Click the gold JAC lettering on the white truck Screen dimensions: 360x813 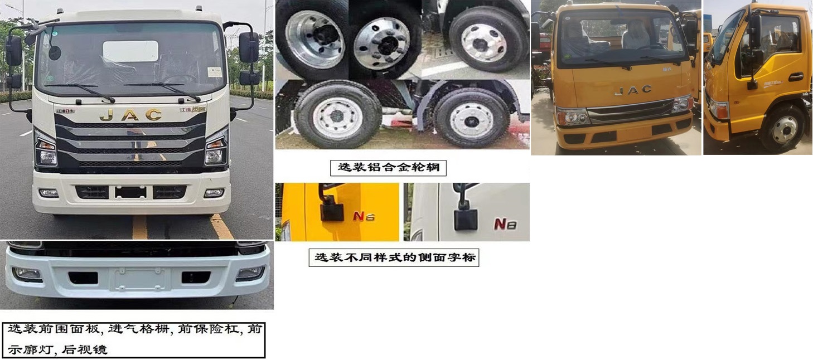[x=130, y=115]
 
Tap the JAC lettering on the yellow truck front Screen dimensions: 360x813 [x=632, y=90]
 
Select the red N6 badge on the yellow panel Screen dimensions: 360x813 [x=362, y=216]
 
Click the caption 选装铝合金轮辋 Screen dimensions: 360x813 [x=388, y=167]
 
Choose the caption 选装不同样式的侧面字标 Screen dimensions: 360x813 [x=394, y=258]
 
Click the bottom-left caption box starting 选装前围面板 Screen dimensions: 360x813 [x=134, y=339]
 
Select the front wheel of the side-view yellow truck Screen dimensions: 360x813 [x=785, y=129]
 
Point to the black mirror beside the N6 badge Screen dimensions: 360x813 [x=331, y=211]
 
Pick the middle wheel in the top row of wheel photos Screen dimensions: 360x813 [x=382, y=43]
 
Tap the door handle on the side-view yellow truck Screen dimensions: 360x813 [x=796, y=77]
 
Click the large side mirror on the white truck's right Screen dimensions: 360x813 [x=249, y=47]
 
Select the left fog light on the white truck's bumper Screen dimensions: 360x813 [x=49, y=193]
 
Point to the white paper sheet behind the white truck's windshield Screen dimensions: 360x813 [x=130, y=51]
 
